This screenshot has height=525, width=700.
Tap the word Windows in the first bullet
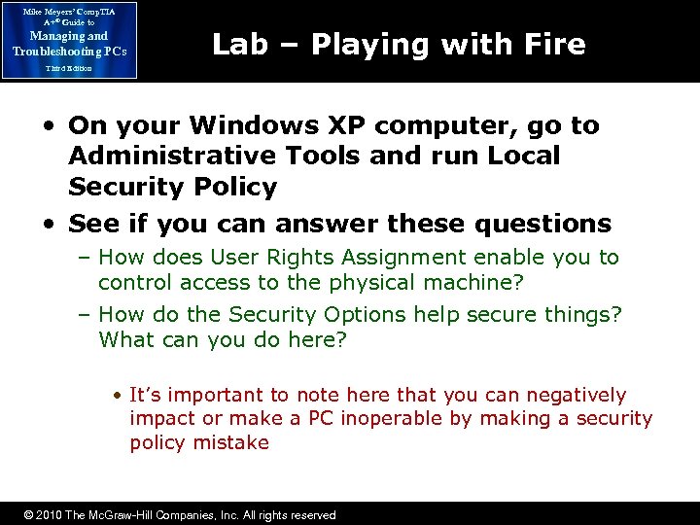coord(244,125)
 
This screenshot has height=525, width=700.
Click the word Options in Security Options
coord(363,315)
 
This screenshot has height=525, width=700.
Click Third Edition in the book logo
coord(68,68)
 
